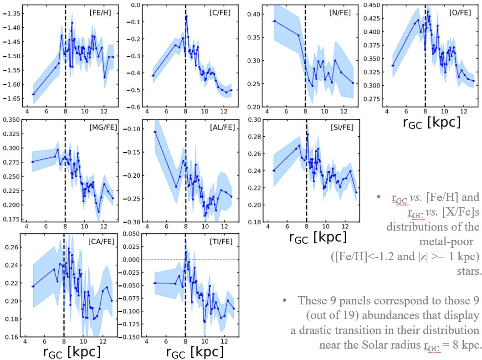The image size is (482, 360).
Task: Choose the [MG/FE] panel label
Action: (104, 127)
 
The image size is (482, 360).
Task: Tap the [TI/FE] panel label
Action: (220, 240)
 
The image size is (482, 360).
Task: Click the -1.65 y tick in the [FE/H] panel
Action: (12, 98)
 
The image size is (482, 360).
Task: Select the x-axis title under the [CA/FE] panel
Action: (72, 352)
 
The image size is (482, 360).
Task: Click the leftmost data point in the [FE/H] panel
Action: (33, 94)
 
